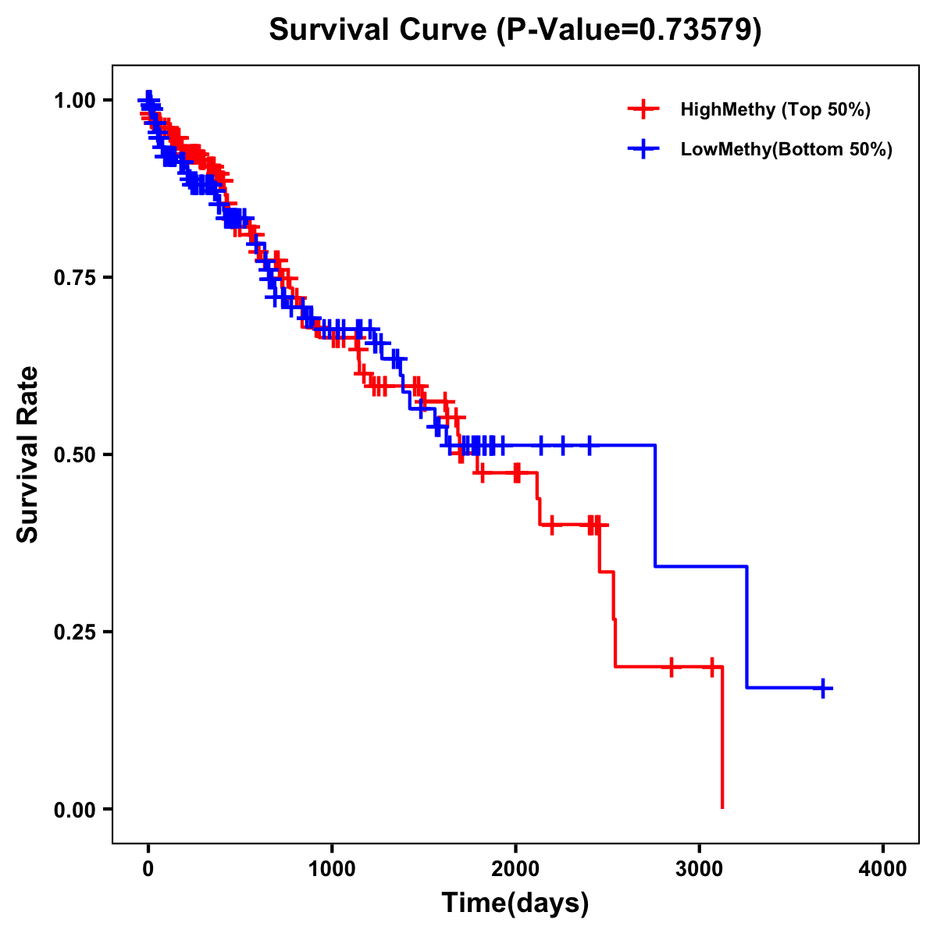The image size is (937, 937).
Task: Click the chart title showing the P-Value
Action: coord(515,30)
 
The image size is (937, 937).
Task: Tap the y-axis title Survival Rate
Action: coord(28,454)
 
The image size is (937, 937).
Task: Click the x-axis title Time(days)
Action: coord(515,903)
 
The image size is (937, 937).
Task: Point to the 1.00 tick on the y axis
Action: coord(75,101)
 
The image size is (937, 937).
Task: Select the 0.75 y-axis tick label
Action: coord(75,278)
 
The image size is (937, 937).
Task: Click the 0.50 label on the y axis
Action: coord(75,454)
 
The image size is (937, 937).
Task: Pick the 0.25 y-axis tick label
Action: coord(75,632)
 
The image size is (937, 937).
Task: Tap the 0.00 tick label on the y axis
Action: coord(75,809)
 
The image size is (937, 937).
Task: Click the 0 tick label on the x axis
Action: coord(148,869)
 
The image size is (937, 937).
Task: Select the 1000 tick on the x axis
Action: coord(332,869)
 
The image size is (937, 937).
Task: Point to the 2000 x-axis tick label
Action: coord(515,869)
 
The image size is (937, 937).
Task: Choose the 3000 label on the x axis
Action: coord(699,869)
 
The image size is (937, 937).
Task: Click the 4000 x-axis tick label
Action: coord(883,869)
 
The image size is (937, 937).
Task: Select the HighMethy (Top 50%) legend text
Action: coord(775,109)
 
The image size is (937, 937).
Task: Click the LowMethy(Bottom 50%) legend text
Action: coord(786,149)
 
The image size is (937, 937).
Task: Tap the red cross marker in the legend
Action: coord(643,109)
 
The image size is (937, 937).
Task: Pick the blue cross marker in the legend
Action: coord(643,149)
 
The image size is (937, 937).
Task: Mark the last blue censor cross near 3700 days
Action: coord(823,688)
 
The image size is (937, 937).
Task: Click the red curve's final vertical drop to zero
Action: coord(722,738)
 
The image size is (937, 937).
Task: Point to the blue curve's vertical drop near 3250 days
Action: coord(746,627)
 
